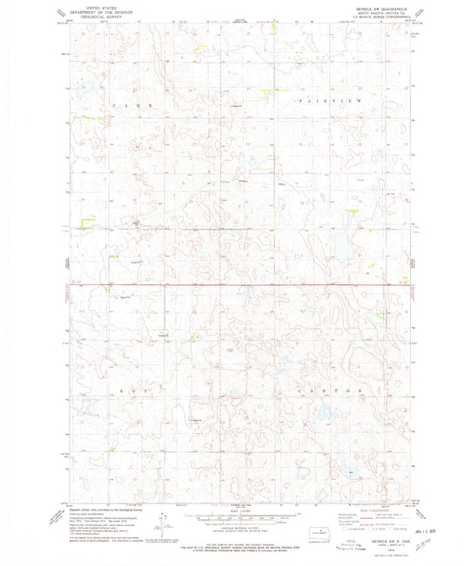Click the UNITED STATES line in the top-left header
coord(98,6)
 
